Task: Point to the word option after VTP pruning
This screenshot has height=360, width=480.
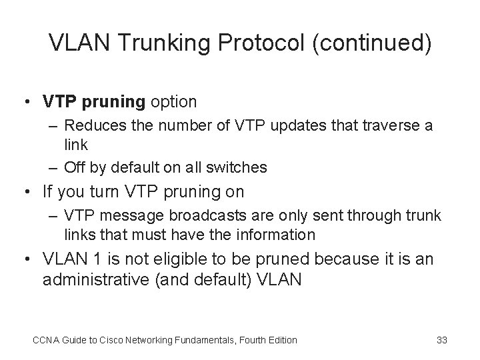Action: click(173, 102)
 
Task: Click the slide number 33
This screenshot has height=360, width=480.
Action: click(441, 340)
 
